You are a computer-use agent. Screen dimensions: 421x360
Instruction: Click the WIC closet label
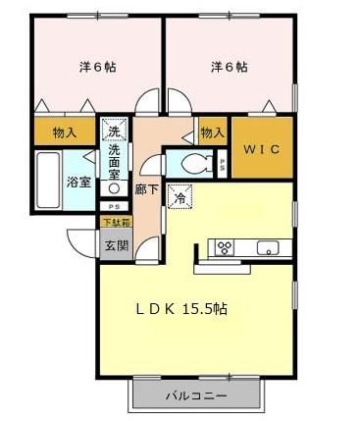(262, 150)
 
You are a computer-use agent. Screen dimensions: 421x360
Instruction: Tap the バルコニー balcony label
(196, 396)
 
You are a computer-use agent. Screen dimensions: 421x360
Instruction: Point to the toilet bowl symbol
(192, 163)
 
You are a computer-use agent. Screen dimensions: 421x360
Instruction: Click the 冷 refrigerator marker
(180, 196)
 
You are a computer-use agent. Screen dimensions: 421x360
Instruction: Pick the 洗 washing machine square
(114, 131)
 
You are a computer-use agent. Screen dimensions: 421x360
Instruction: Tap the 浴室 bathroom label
(77, 182)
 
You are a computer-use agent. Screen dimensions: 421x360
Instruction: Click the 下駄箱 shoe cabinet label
(116, 223)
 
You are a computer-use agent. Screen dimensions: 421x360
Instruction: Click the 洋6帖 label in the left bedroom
(96, 67)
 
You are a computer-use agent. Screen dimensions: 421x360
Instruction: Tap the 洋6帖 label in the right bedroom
(228, 67)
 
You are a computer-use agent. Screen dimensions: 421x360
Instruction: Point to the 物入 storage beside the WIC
(212, 131)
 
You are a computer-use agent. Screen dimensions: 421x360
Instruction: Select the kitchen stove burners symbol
(225, 246)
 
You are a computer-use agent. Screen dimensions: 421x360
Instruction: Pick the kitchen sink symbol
(267, 247)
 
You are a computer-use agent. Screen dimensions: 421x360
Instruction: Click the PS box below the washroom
(115, 206)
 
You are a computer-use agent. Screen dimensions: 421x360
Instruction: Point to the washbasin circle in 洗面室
(114, 187)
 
